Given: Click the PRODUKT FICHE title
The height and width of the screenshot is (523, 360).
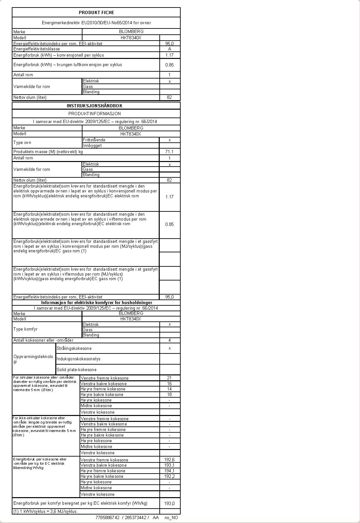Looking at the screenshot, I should (96, 12).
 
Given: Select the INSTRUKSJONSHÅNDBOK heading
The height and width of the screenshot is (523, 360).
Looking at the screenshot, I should (95, 106).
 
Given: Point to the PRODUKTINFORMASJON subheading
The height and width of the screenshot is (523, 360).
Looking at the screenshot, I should (95, 114).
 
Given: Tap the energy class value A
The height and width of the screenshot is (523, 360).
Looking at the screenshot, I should (170, 49).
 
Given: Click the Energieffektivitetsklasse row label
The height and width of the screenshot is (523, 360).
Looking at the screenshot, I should (37, 49).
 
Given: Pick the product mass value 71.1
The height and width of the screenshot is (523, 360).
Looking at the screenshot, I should (170, 152).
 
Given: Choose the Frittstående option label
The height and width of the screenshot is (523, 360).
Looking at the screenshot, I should (94, 140).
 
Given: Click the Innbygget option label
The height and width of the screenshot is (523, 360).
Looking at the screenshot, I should (92, 146).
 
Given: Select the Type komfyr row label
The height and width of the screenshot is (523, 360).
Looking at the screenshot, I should (26, 329).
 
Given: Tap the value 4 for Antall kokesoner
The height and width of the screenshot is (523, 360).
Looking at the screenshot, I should (170, 340).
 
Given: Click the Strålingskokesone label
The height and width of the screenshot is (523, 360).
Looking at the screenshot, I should (74, 349).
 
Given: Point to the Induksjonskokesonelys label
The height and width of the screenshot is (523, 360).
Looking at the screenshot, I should (79, 359).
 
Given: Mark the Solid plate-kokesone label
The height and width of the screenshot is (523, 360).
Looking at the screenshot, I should (77, 370).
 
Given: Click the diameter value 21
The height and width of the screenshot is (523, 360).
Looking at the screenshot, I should (169, 378).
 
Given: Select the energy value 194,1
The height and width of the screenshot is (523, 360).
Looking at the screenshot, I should (170, 471).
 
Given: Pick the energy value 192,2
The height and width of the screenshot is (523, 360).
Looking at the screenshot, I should (170, 477).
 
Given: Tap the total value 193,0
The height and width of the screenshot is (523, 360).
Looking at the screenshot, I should (170, 504).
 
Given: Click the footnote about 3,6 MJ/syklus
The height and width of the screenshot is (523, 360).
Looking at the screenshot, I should (45, 512).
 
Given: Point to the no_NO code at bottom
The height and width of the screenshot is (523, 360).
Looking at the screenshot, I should (171, 518).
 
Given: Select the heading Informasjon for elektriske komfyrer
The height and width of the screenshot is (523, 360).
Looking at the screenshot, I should (97, 303).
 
